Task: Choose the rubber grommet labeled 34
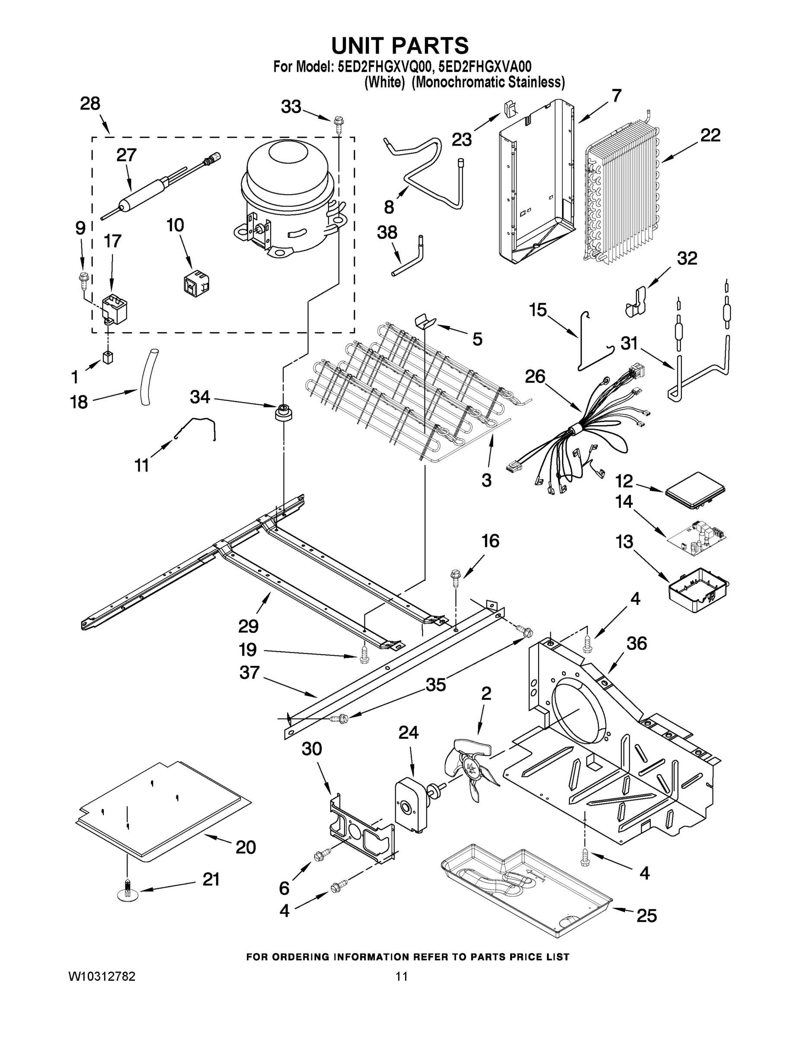click(x=284, y=412)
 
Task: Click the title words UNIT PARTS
click(x=399, y=46)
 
